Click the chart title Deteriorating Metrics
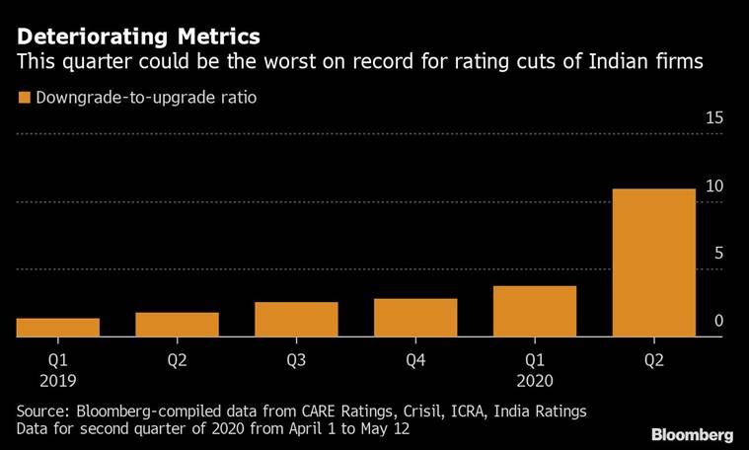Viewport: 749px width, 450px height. [138, 37]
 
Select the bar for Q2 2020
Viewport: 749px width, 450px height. [653, 262]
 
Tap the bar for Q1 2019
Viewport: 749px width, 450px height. [57, 328]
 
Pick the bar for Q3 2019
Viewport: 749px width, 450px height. [296, 320]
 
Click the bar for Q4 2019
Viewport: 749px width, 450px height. [415, 318]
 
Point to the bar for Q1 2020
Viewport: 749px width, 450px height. [534, 312]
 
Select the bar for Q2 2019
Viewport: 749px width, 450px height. [177, 325]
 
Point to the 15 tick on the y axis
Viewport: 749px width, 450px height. [713, 118]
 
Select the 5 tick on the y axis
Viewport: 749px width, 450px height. [718, 254]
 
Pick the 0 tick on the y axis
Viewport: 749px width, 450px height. [718, 321]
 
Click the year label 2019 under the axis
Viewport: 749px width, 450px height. [57, 380]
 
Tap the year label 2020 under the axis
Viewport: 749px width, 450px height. [534, 380]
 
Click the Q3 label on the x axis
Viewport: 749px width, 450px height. [296, 360]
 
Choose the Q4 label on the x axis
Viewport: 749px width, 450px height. [415, 360]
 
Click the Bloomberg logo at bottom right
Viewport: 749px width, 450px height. [692, 434]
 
